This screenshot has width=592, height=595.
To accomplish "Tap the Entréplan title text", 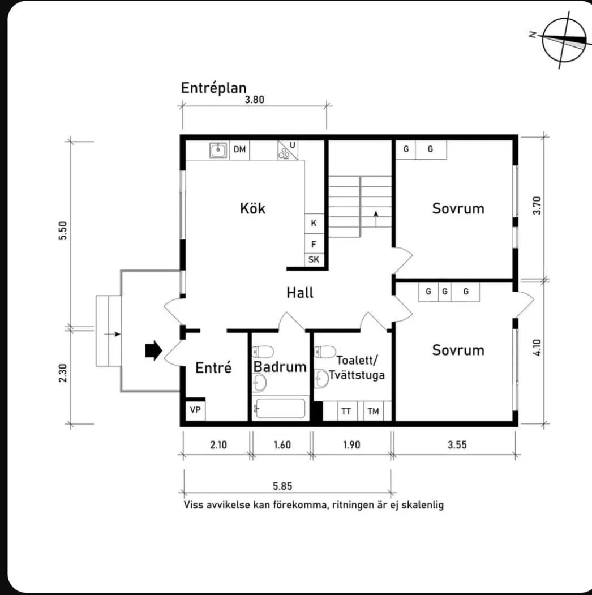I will (214, 88).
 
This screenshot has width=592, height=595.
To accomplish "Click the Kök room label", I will (252, 208).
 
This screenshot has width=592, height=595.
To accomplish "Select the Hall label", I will (299, 293).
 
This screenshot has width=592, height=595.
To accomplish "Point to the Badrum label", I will (280, 367).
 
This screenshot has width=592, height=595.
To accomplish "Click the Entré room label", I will (213, 367).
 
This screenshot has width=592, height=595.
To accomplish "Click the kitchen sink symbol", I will (218, 150).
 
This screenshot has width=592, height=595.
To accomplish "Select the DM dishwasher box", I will (240, 150).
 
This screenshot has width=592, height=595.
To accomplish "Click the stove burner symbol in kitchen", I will (286, 151).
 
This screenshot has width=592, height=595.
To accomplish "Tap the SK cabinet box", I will (314, 260).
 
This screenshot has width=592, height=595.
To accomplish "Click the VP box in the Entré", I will (195, 410).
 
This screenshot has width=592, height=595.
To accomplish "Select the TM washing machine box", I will (373, 412).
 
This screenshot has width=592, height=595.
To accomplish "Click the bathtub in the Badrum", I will (280, 409).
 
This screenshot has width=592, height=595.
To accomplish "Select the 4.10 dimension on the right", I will (538, 346).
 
